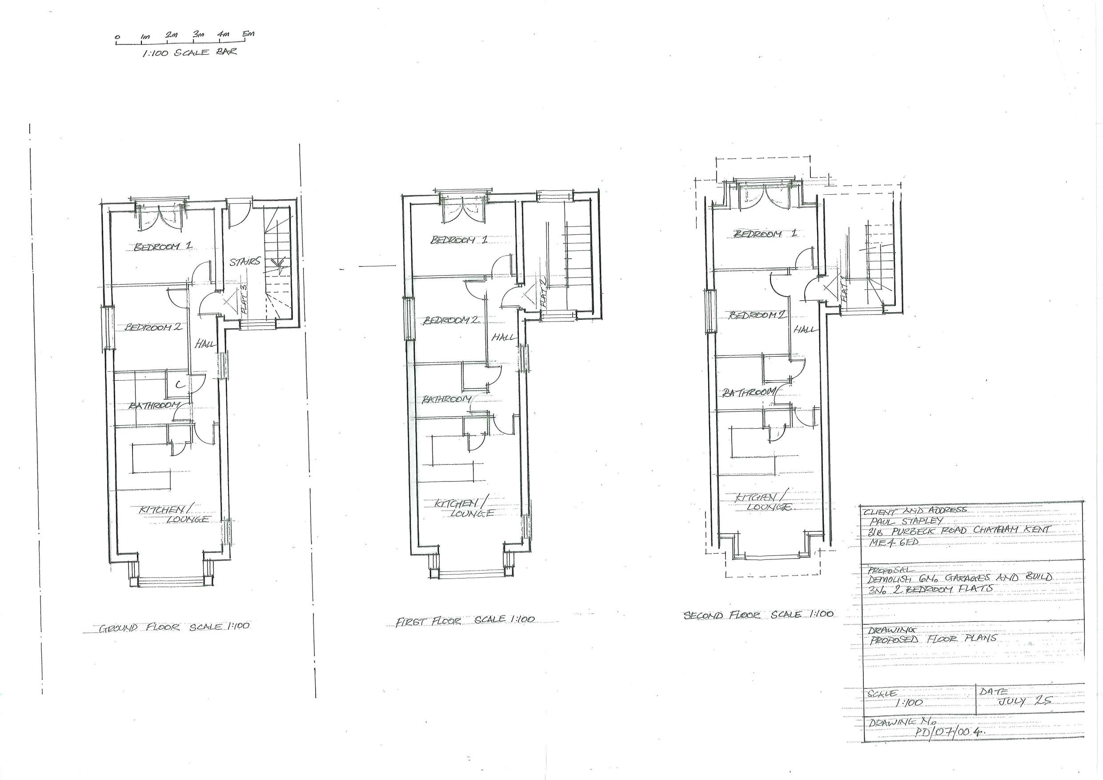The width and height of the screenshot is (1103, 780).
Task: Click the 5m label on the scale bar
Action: [x=248, y=34]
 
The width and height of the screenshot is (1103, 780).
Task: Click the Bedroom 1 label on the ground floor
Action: [x=163, y=246]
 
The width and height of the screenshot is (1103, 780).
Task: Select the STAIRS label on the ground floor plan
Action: [x=245, y=261]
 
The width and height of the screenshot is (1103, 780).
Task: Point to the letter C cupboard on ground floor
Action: [x=179, y=385]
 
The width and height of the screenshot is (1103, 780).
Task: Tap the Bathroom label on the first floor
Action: [x=447, y=399]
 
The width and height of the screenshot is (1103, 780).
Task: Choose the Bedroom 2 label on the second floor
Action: [x=758, y=315]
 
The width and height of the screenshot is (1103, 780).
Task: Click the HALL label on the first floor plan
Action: [x=502, y=338]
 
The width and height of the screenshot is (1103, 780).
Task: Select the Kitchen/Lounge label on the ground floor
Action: [x=174, y=514]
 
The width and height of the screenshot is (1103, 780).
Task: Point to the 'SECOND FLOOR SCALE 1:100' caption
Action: [x=758, y=615]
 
